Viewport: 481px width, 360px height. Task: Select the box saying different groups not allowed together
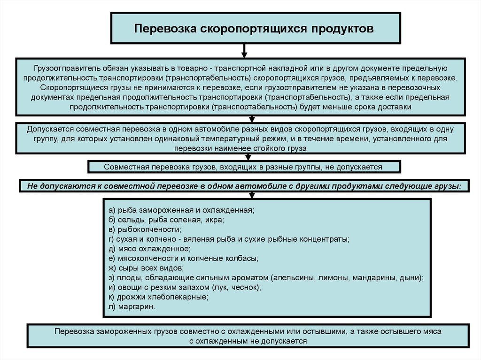pos(243,167)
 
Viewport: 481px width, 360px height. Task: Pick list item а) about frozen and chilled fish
pos(181,209)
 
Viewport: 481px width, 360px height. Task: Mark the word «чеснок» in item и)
pos(245,287)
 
